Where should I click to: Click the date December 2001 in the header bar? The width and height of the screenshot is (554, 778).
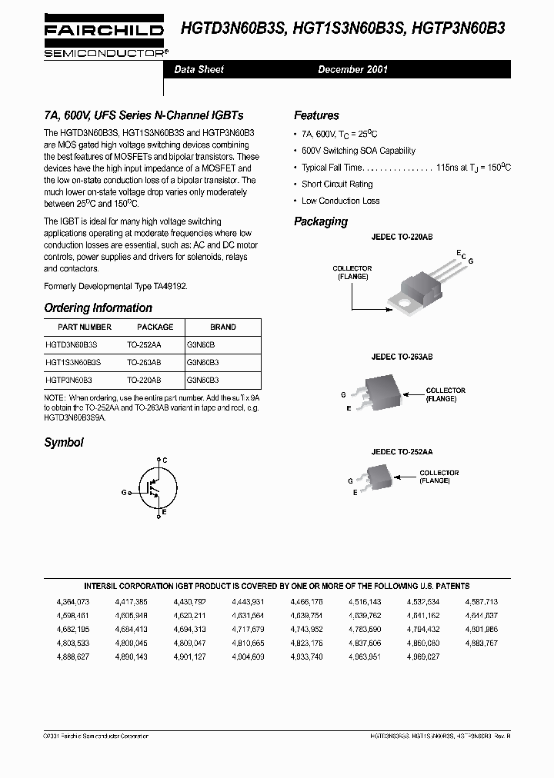[353, 69]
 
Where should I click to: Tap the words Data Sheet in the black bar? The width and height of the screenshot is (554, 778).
[199, 69]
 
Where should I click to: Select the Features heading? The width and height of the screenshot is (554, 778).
[316, 115]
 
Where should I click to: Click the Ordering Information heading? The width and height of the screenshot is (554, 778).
[98, 308]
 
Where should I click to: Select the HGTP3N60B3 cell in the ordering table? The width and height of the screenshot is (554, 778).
[69, 380]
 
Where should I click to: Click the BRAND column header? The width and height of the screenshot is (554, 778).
[223, 327]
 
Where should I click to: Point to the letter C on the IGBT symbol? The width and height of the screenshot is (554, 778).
[165, 459]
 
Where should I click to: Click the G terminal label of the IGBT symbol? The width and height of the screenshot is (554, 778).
[124, 491]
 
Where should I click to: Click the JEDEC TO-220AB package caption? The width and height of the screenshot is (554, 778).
[402, 238]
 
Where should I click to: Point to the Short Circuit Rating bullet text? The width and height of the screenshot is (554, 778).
[337, 185]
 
